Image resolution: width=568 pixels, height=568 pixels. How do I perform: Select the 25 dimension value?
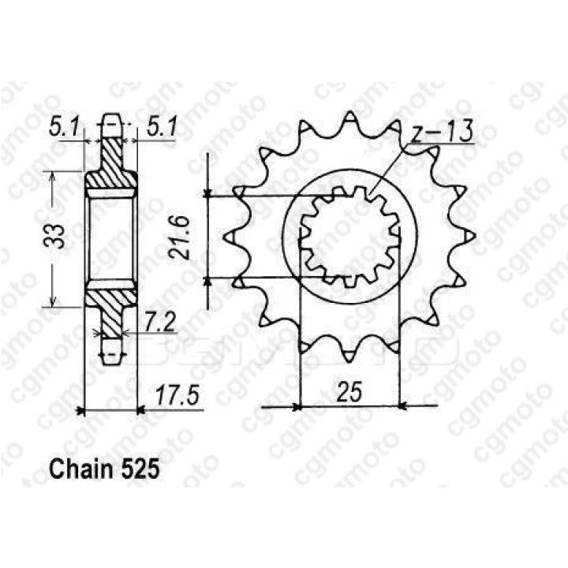point(349,392)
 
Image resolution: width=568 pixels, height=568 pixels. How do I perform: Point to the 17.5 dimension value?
point(177,396)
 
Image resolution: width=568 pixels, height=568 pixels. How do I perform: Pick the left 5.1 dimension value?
point(64,128)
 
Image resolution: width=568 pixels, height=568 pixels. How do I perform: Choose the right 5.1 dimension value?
point(162,128)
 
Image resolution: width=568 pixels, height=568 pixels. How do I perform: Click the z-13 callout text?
point(443,132)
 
